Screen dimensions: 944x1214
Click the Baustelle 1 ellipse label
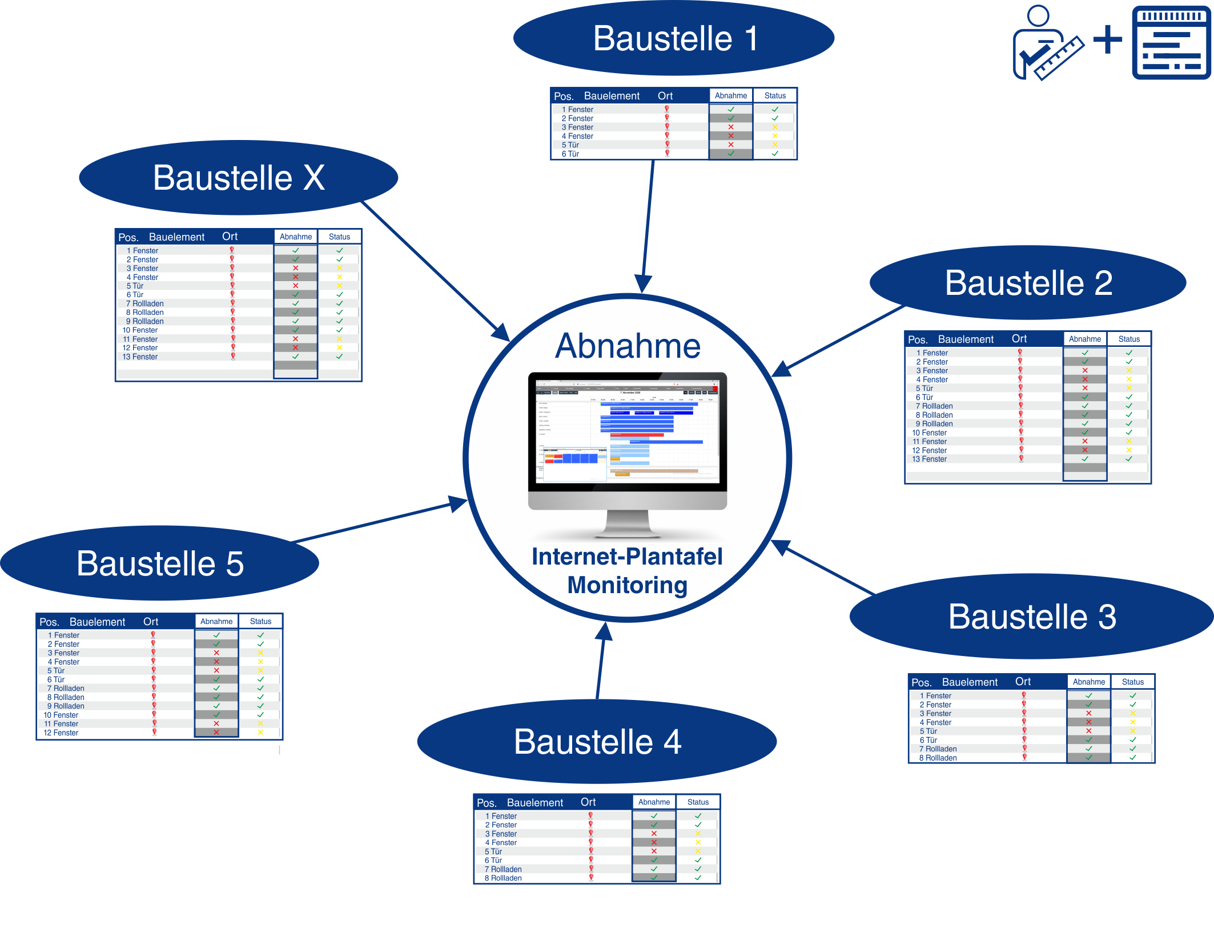674,38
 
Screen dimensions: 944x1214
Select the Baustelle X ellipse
238,178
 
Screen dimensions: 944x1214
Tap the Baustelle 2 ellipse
1028,283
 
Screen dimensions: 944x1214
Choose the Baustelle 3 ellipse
1031,617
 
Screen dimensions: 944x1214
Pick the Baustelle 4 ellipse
597,742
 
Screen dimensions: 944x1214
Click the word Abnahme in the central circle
628,346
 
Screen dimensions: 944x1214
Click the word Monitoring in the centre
627,585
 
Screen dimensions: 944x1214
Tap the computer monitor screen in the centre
627,431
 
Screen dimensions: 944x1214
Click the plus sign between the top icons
1107,39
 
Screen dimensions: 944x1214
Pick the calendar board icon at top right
1171,43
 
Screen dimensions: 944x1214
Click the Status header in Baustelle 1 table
775,95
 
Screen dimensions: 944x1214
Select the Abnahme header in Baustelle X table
295,237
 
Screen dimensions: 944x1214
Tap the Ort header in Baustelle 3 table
1023,682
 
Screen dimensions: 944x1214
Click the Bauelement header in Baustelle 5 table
97,622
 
